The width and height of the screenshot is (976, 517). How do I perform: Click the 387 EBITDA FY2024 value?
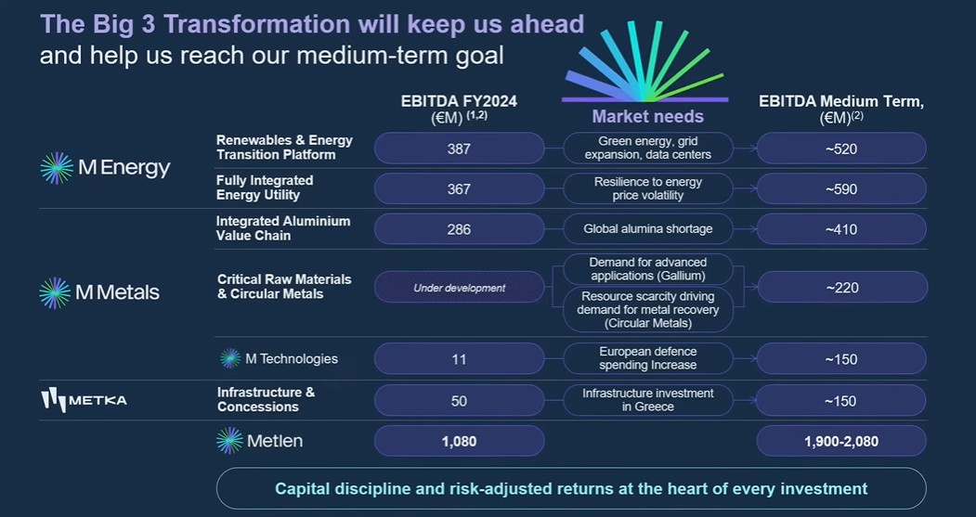tap(460, 149)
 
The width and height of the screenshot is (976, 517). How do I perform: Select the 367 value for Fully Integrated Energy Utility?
tap(460, 188)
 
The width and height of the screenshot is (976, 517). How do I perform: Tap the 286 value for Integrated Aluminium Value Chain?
tap(460, 229)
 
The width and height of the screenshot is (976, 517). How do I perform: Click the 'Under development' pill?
tap(460, 288)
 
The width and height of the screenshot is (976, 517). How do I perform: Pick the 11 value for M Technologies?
tap(460, 359)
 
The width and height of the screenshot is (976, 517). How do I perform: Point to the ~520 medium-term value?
tap(841, 149)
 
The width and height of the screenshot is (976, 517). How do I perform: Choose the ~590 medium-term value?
tap(841, 188)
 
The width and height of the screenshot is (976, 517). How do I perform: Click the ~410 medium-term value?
tap(841, 229)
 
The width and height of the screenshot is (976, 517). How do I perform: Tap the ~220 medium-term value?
tap(842, 288)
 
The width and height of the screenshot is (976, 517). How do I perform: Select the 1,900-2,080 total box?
tap(841, 441)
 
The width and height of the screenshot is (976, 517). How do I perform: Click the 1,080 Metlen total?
tap(460, 441)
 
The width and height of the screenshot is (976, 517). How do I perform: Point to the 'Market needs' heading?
tap(647, 116)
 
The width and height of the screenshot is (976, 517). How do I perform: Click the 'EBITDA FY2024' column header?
tap(459, 101)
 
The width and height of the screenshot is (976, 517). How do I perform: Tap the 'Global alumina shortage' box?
tap(648, 229)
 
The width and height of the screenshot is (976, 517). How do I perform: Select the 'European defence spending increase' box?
tap(648, 359)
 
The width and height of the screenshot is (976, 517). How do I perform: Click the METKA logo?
tap(84, 400)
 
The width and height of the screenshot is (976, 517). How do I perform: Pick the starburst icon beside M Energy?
tap(57, 168)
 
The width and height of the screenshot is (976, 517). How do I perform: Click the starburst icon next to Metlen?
tap(229, 441)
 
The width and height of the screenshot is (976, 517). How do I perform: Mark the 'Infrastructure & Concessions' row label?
tap(266, 399)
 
